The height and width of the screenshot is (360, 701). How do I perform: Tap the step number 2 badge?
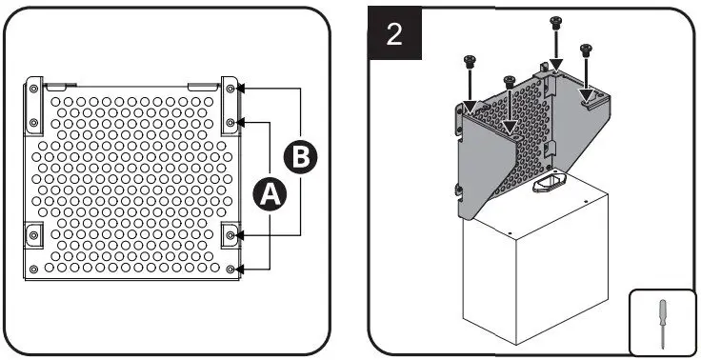pyautogui.click(x=394, y=34)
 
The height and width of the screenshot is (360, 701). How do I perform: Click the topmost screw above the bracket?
pyautogui.click(x=555, y=23)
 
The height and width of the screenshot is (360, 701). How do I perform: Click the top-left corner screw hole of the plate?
pyautogui.click(x=34, y=88)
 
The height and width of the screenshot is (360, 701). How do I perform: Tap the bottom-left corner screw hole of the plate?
pyautogui.click(x=34, y=270)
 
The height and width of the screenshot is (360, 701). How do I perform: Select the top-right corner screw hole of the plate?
pyautogui.click(x=231, y=88)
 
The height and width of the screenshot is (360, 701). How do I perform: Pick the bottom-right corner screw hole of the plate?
pyautogui.click(x=231, y=270)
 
